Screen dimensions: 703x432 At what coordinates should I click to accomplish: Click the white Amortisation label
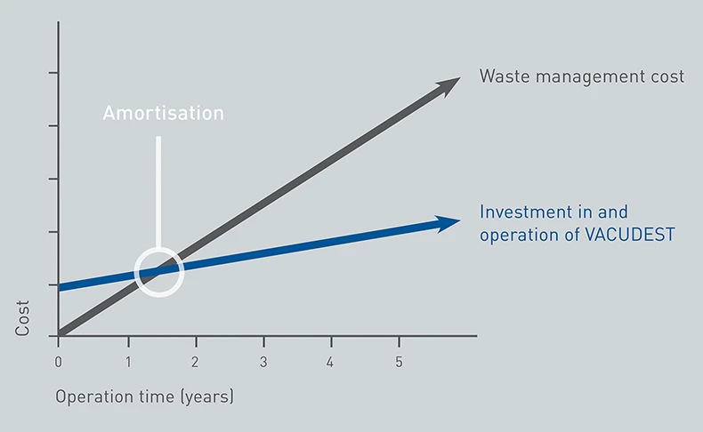pyautogui.click(x=163, y=113)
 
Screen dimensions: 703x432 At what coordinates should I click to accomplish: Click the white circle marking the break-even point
pyautogui.click(x=137, y=272)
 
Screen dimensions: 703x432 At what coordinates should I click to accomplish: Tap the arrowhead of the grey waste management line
pyautogui.click(x=449, y=85)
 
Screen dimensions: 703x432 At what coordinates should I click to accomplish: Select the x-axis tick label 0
pyautogui.click(x=58, y=362)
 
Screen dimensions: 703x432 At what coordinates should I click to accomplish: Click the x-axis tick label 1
pyautogui.click(x=128, y=362)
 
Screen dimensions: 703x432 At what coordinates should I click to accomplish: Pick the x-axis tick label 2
pyautogui.click(x=195, y=362)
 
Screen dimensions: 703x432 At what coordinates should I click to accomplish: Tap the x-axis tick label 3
pyautogui.click(x=263, y=362)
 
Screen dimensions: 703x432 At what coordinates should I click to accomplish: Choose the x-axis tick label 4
pyautogui.click(x=330, y=362)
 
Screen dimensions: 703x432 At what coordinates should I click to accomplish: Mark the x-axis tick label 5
pyautogui.click(x=399, y=362)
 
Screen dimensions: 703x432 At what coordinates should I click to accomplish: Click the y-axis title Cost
pyautogui.click(x=22, y=318)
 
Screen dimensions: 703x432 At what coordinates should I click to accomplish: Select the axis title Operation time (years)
pyautogui.click(x=144, y=396)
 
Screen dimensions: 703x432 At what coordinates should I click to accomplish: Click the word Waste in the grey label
pyautogui.click(x=505, y=76)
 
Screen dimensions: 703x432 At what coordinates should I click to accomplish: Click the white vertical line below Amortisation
pyautogui.click(x=158, y=192)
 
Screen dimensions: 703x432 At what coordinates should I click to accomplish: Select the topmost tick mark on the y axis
pyautogui.click(x=53, y=73)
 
